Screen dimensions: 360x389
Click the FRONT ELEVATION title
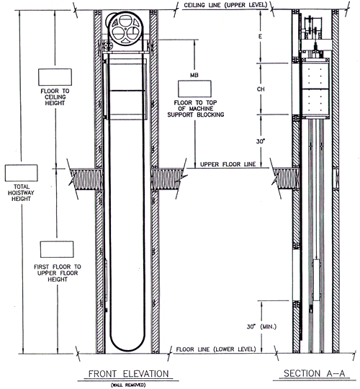click(129, 374)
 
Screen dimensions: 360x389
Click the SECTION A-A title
click(314, 373)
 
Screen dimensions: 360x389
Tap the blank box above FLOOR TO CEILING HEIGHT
click(55, 77)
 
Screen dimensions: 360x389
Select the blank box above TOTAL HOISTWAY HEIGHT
click(22, 173)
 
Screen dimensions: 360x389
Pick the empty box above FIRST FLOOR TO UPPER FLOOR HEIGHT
click(57, 249)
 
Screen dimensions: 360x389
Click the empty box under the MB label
click(194, 89)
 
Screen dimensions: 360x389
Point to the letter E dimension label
click(260, 37)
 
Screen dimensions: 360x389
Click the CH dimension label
click(261, 89)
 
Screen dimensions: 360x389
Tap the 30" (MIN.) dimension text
click(261, 327)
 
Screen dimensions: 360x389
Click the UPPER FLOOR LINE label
click(228, 164)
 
